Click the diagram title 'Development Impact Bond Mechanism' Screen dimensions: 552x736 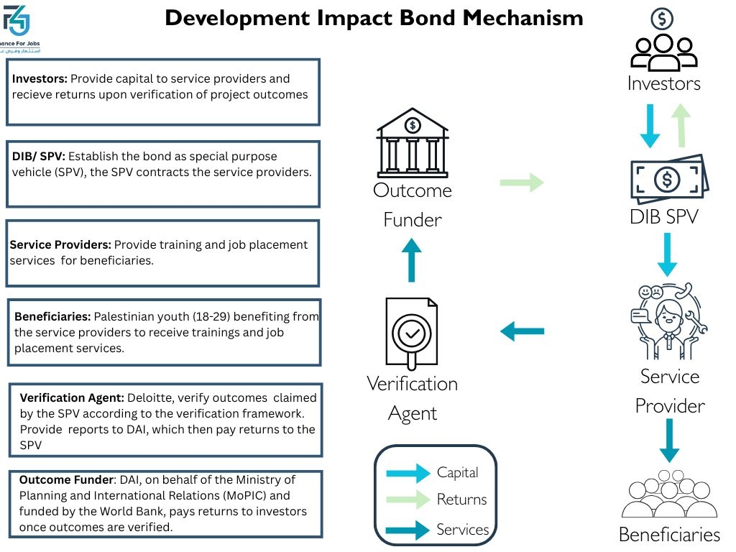[374, 17]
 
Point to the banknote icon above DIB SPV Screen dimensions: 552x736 [667, 178]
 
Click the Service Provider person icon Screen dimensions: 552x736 [668, 321]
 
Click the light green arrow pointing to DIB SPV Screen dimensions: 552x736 [522, 183]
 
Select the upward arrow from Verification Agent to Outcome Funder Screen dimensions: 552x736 [411, 260]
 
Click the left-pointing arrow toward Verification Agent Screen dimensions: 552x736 [522, 331]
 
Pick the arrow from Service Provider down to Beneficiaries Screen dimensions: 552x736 [669, 440]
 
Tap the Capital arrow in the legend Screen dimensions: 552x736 [408, 474]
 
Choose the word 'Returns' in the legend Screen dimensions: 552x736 [461, 500]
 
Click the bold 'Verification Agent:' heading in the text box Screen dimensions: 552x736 [73, 397]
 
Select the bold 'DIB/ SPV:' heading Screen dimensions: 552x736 [39, 156]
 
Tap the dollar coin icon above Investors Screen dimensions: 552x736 [662, 18]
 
